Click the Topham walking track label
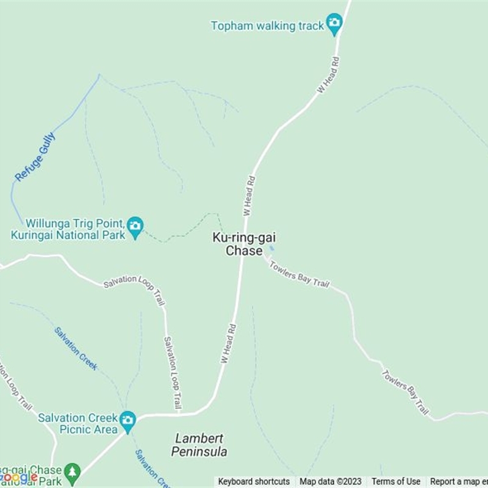point(268,26)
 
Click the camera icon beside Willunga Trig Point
point(135,228)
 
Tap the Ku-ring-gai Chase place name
point(240,244)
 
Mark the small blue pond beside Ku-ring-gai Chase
point(271,248)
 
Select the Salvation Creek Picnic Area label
point(77,423)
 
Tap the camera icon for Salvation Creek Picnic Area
point(127,420)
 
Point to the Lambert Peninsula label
point(199,445)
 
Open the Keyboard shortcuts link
point(254,482)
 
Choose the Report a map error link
point(458,482)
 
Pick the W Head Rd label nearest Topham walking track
point(328,76)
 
